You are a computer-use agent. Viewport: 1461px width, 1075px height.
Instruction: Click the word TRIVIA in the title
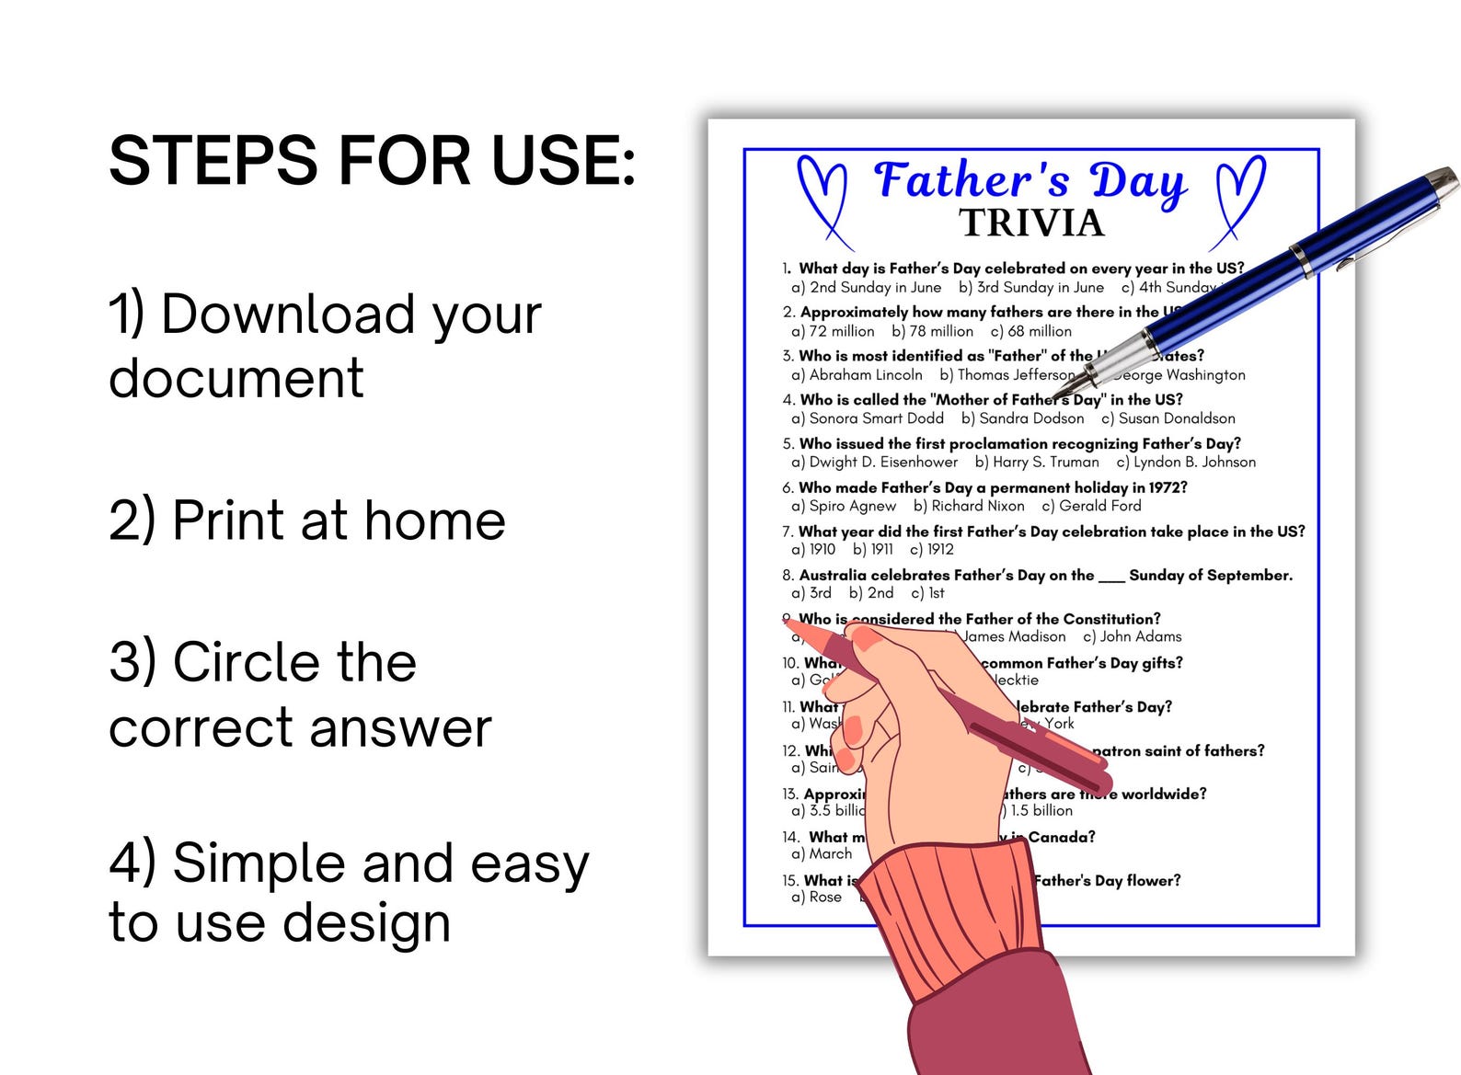[1030, 223]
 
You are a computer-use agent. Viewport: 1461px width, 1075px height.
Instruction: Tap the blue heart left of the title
[823, 198]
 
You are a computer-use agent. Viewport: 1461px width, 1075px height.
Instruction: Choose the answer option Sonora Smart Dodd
[876, 418]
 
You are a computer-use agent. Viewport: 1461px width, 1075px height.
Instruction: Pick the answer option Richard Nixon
[977, 506]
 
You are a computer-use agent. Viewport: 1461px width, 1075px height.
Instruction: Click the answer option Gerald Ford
[1099, 506]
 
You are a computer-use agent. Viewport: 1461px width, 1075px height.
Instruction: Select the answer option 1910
[822, 550]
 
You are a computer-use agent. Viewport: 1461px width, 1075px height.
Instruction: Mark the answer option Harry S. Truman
[1045, 463]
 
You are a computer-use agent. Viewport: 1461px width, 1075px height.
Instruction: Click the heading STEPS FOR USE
[372, 161]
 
